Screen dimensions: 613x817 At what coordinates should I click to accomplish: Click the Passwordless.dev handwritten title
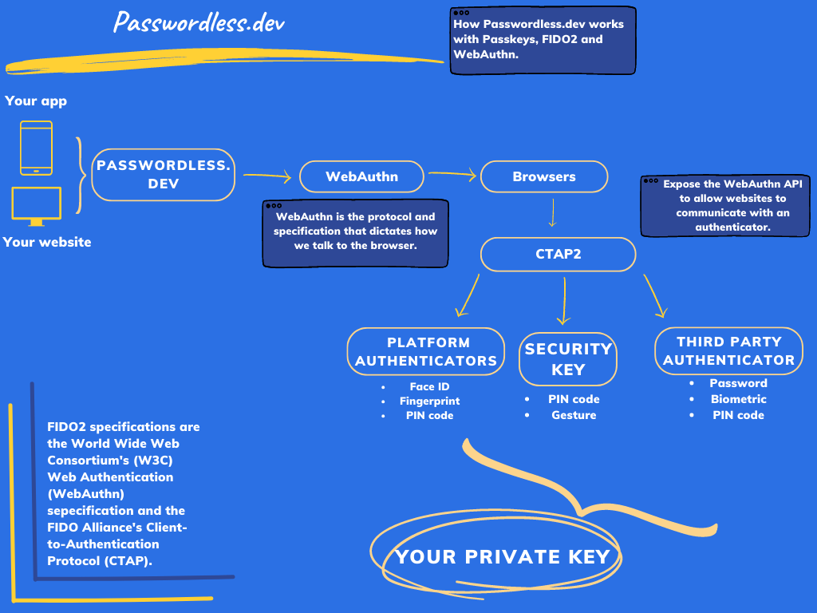coord(199,22)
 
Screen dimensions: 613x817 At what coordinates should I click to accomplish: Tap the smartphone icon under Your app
coord(36,148)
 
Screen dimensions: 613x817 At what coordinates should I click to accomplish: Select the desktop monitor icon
coord(36,206)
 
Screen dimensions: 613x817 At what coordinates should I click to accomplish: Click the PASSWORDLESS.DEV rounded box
coord(163,174)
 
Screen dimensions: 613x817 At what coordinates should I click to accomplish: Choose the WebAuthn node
coord(361,176)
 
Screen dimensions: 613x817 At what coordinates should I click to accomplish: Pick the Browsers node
coord(543,176)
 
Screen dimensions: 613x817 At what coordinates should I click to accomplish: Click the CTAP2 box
coord(558,255)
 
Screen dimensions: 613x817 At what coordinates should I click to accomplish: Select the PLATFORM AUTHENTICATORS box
coord(426,351)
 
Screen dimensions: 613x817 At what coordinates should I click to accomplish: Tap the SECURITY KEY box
coord(568,359)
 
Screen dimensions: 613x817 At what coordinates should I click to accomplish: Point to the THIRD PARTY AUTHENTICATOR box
coord(728,350)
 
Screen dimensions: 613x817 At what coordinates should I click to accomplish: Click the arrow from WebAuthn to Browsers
coord(452,173)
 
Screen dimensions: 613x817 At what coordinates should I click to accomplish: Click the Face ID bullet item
coord(429,387)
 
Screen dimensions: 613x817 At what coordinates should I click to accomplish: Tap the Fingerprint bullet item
coord(429,401)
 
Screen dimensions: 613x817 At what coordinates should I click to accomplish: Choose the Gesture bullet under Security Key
coord(574,415)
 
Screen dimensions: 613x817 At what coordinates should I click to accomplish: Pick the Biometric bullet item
coord(738,399)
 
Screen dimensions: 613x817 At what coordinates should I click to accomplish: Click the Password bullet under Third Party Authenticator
coord(738,383)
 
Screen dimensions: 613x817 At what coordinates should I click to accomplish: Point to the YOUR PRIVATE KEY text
coord(503,556)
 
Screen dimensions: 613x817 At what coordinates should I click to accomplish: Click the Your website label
coord(47,242)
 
